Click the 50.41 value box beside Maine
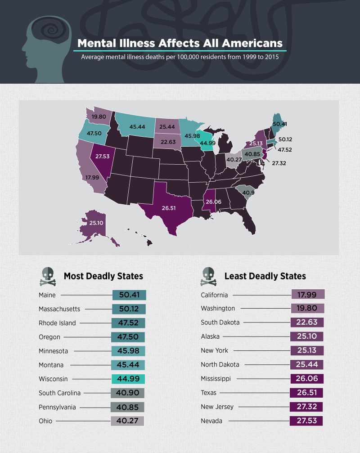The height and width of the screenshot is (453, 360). (x=129, y=295)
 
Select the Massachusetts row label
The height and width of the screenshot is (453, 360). (x=59, y=309)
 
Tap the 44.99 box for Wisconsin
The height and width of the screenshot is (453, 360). (x=129, y=379)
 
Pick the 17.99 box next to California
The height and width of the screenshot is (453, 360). (x=308, y=295)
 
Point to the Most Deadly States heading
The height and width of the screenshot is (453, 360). (x=103, y=276)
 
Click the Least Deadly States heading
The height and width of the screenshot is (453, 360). (x=265, y=276)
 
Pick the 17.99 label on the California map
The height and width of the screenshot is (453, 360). (x=92, y=177)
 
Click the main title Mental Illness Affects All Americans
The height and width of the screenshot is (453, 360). (x=180, y=43)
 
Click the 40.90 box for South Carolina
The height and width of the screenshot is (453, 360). (x=127, y=393)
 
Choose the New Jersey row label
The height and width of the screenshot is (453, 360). (x=217, y=407)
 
